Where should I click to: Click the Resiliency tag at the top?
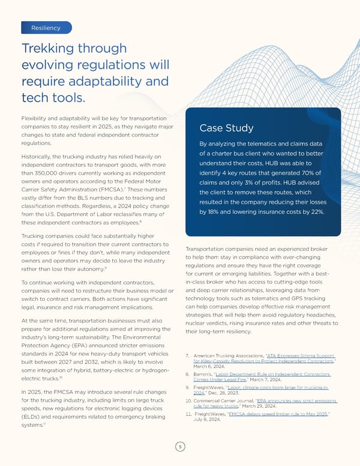click(x=46, y=28)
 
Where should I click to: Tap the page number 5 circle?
click(x=179, y=447)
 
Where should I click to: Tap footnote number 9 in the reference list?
click(x=189, y=387)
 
